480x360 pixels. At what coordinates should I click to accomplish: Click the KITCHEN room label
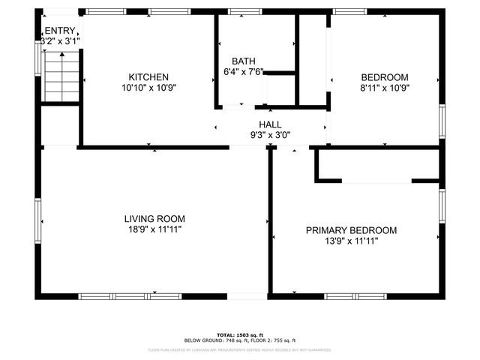click(148, 77)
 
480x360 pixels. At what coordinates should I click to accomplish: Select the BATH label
click(243, 61)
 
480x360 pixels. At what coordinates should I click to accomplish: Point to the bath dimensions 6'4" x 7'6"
click(244, 72)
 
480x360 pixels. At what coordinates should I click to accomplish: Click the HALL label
click(270, 124)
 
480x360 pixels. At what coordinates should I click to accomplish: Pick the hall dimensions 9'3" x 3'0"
click(270, 136)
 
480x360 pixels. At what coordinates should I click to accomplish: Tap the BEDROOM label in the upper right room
click(384, 77)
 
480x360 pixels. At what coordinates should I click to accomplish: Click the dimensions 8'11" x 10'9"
click(384, 88)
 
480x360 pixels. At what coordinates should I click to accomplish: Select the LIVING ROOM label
click(153, 219)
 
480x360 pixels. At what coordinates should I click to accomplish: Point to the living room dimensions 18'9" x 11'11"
click(153, 230)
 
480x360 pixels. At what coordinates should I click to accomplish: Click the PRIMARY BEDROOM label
click(351, 230)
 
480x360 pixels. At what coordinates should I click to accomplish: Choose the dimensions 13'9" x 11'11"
click(351, 241)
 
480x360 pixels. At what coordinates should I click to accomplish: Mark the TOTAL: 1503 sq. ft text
click(240, 334)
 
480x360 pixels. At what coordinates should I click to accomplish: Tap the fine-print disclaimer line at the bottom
click(240, 349)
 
